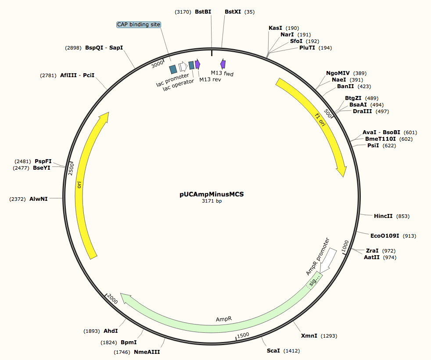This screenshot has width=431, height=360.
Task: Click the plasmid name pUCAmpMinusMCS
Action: pos(212,193)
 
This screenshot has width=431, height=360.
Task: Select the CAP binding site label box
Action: pos(139,25)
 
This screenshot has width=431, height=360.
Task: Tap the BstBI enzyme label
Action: pos(203,12)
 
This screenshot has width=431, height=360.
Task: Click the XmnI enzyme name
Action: pos(309,336)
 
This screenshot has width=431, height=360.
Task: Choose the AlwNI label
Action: pos(39,199)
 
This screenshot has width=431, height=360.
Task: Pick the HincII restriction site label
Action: pos(383,216)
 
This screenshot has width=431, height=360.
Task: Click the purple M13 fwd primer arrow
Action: pos(223,64)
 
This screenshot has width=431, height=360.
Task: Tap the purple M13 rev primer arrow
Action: pos(198,64)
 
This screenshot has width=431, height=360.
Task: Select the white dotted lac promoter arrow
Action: pos(183,67)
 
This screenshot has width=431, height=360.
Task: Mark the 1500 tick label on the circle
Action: pos(243,335)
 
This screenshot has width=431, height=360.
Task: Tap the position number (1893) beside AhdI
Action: pos(92,331)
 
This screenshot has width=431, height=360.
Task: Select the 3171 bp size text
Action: pos(212,201)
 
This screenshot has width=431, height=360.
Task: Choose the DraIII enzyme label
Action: pos(362,111)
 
